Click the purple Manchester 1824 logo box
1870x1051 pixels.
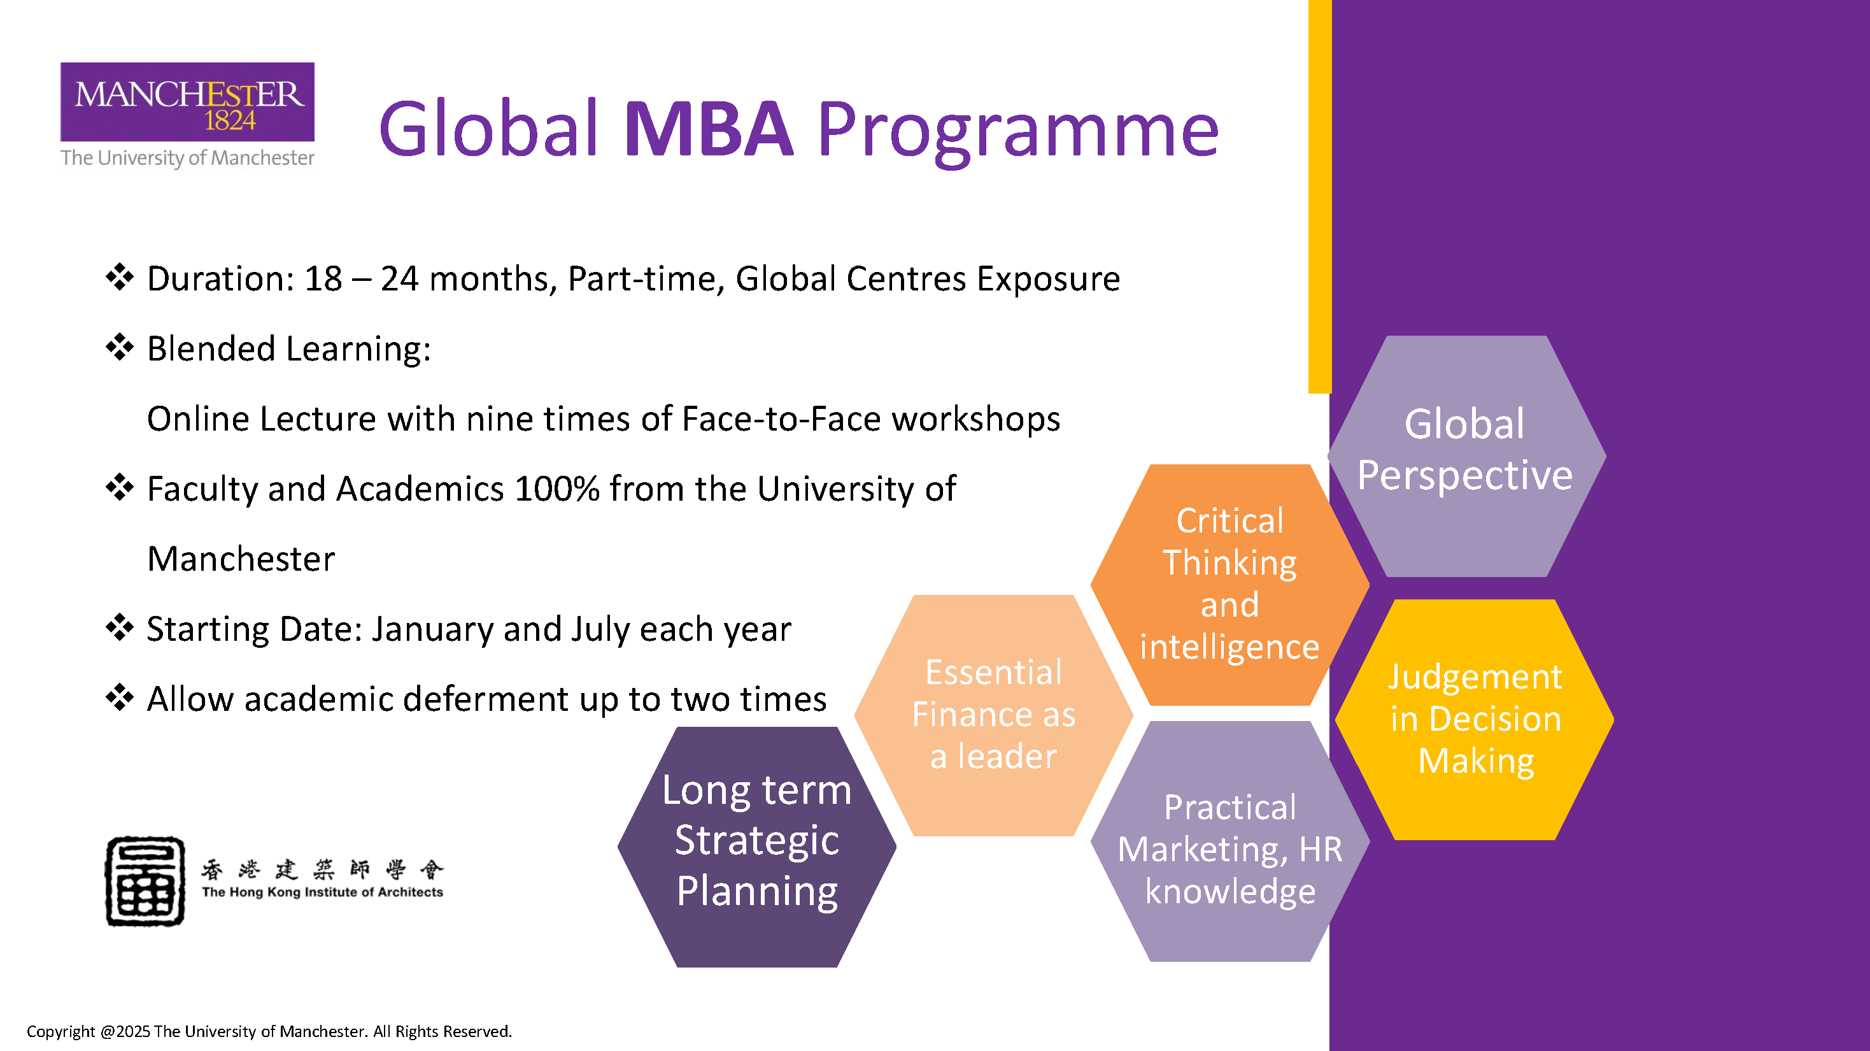click(x=187, y=102)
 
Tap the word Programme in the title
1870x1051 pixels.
click(x=1017, y=134)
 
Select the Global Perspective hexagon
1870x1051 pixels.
click(x=1466, y=456)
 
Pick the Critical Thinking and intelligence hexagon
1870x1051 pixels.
click(x=1229, y=585)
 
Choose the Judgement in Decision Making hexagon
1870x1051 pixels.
click(x=1475, y=719)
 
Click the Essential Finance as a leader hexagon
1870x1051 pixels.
click(x=993, y=715)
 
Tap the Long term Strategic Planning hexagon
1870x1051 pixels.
click(x=757, y=847)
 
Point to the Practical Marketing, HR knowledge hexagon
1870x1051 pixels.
click(x=1229, y=841)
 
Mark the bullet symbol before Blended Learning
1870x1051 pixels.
click(x=120, y=347)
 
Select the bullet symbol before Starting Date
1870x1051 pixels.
click(x=120, y=627)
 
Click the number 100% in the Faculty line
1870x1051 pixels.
click(x=556, y=489)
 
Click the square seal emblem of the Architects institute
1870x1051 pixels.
click(x=145, y=880)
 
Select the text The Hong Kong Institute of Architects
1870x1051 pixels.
click(x=322, y=892)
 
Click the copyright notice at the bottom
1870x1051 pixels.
click(x=269, y=1031)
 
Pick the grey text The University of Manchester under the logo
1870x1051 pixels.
click(x=187, y=157)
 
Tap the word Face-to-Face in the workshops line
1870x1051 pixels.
click(x=782, y=419)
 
